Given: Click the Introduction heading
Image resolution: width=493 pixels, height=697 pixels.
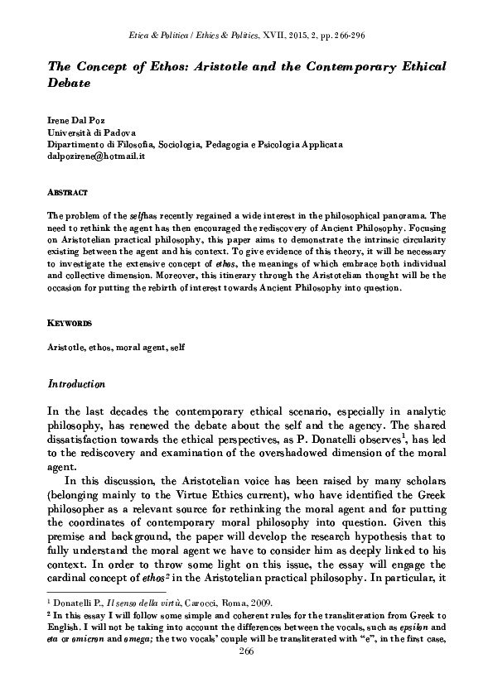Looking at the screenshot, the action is pos(76,384).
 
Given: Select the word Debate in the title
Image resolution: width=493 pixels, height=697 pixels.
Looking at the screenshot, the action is pos(68,84).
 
